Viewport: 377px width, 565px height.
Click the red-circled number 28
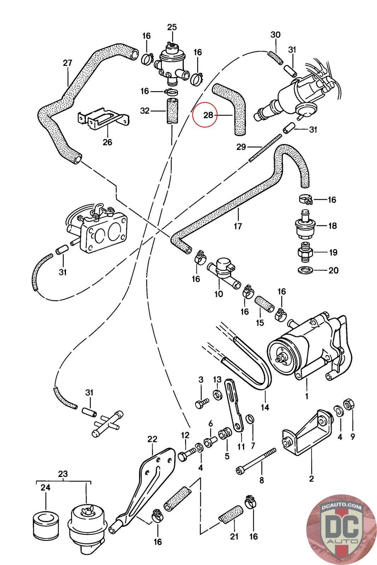[208, 115]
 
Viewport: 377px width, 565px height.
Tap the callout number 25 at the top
[172, 27]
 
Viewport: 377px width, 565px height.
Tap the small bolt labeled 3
[202, 403]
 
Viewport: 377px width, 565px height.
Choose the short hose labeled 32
[171, 111]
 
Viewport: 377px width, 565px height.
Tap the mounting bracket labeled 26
[102, 119]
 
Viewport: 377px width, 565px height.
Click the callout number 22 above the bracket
[152, 439]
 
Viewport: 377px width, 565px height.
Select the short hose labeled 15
[264, 303]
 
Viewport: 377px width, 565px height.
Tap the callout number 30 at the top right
[275, 35]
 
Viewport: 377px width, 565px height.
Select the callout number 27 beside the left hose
[67, 63]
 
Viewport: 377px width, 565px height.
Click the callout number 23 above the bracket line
[63, 474]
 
